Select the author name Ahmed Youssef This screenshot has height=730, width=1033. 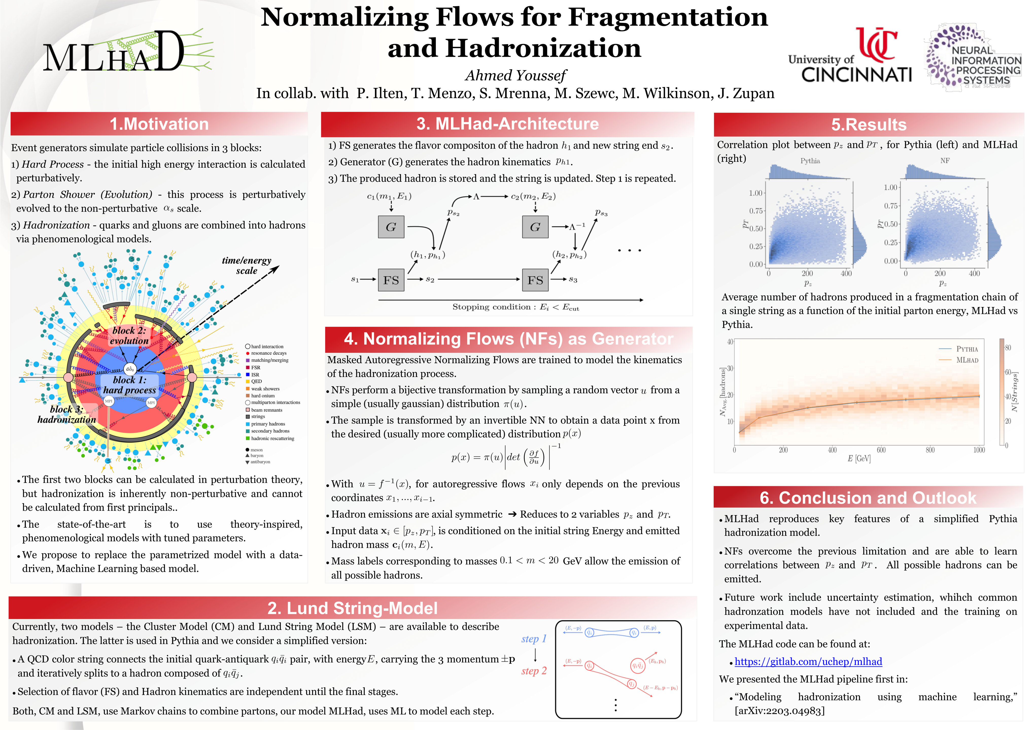pos(515,76)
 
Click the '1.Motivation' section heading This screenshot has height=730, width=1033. pos(159,124)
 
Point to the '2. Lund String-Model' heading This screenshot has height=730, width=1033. pos(352,608)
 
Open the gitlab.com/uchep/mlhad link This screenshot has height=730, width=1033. pos(808,662)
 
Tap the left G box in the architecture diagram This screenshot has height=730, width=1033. pos(391,227)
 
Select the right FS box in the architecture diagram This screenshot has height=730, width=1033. pos(535,280)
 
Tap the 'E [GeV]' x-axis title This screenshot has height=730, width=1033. pos(859,459)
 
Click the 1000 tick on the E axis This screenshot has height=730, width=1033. pos(979,450)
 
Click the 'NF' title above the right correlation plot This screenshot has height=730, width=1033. pos(945,160)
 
